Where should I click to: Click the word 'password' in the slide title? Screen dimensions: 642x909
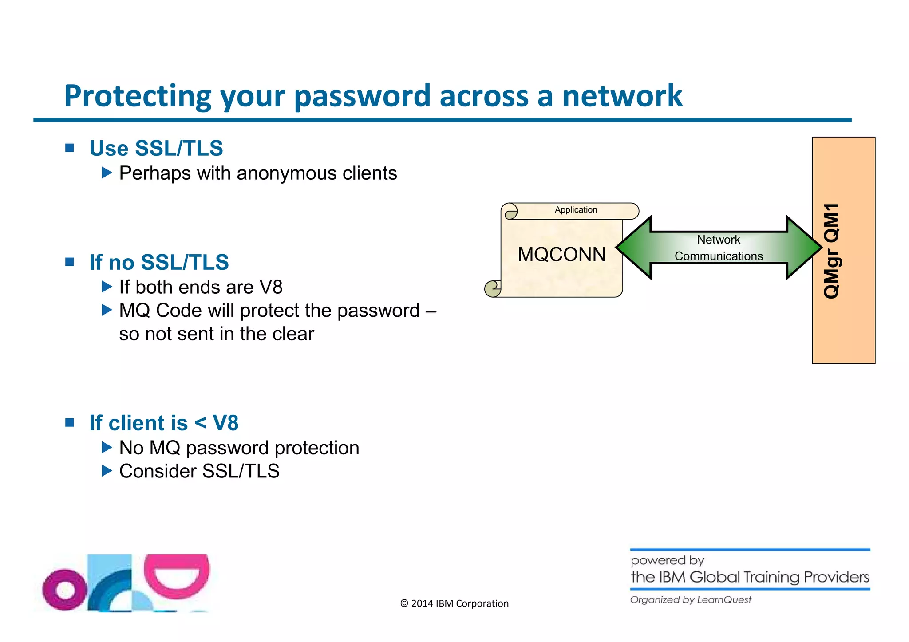[362, 96]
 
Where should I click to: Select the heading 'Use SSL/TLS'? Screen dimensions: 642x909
[156, 148]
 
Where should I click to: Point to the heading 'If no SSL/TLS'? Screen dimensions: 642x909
[159, 262]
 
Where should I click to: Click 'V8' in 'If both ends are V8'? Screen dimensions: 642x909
[271, 287]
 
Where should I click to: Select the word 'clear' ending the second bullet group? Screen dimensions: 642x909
[293, 334]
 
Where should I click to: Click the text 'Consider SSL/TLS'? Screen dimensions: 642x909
[199, 471]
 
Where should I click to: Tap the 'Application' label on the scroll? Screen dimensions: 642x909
[576, 210]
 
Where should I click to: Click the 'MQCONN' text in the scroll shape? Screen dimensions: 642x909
[561, 255]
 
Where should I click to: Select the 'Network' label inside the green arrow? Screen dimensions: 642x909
[718, 240]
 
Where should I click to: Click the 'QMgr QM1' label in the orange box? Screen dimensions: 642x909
[832, 251]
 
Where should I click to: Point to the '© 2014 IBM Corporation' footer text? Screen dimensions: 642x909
[454, 603]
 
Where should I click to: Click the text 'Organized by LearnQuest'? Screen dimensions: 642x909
[691, 600]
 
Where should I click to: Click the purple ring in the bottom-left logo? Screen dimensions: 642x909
[65, 590]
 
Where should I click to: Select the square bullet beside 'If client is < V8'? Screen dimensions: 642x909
[70, 422]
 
